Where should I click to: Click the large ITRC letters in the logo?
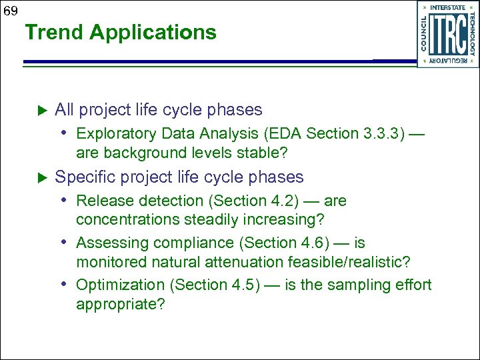[x=448, y=35]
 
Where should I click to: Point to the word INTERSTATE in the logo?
[x=448, y=7]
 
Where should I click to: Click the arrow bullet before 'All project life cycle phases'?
[x=39, y=110]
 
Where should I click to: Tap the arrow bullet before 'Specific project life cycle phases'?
[x=39, y=178]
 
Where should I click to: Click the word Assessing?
[x=109, y=243]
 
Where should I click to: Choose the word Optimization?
[x=121, y=285]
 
